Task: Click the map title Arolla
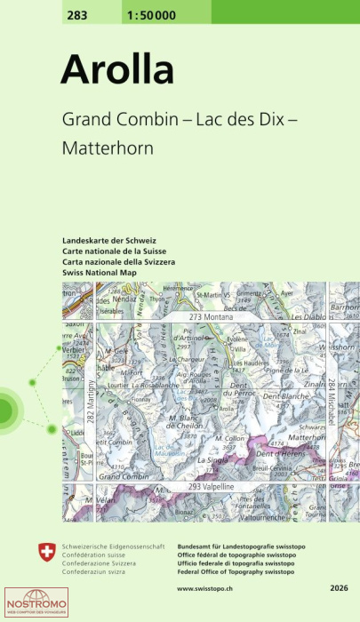pos(117,69)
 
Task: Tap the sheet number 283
pos(78,11)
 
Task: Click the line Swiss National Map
pos(100,272)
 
